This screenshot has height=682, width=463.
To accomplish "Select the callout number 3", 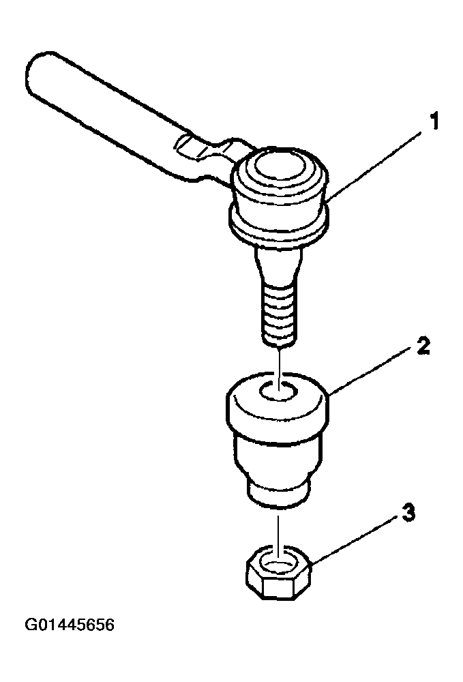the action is tap(408, 512).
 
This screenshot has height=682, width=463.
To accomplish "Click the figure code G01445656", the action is tap(70, 625).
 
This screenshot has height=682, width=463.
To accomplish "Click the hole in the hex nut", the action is tap(279, 564).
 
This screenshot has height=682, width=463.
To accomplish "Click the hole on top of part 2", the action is tap(279, 390).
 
